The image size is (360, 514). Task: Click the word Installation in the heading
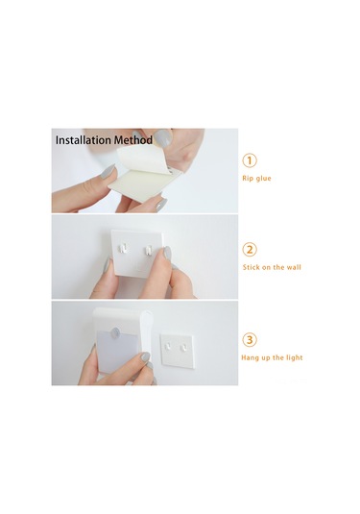click(84, 140)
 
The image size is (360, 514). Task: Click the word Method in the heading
click(133, 140)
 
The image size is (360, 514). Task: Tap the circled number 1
click(250, 160)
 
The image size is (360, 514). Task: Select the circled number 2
click(250, 250)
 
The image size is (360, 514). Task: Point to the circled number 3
click(250, 339)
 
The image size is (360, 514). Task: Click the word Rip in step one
click(248, 179)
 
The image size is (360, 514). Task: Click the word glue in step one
click(263, 179)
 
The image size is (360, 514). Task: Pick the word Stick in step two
click(251, 267)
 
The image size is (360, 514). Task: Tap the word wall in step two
click(294, 267)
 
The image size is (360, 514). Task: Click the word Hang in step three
click(249, 357)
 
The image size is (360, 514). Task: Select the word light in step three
click(294, 357)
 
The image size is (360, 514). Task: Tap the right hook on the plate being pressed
click(148, 250)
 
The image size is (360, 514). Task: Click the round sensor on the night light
click(114, 332)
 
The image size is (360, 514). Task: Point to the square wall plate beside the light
click(177, 350)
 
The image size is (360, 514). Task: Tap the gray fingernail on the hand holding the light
click(145, 355)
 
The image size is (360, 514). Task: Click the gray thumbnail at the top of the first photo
click(163, 137)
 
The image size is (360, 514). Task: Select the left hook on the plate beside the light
click(168, 346)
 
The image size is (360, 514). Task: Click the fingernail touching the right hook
click(167, 253)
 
